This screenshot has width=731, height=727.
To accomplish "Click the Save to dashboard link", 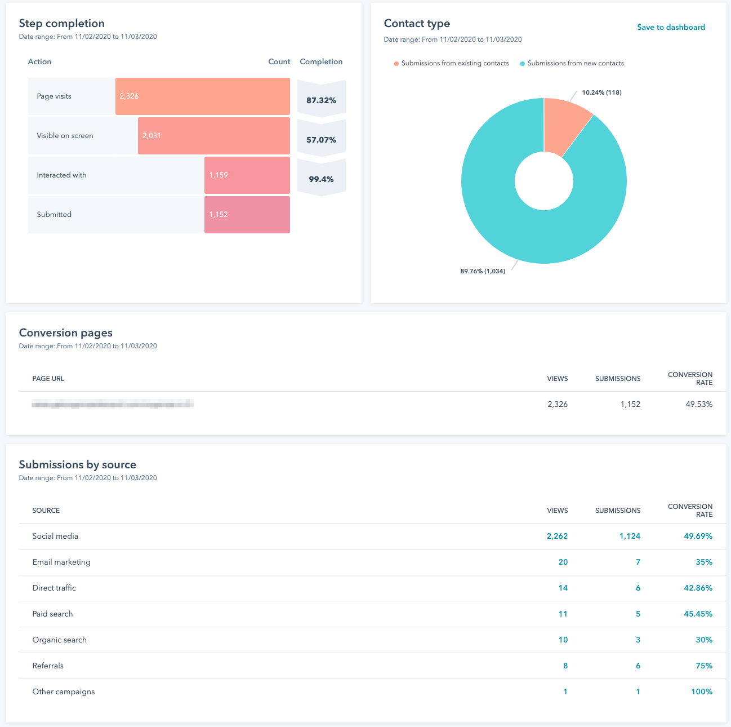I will pos(671,27).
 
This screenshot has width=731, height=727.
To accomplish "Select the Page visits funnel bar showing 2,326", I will pos(202,96).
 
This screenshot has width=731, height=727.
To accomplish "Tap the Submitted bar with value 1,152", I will pos(247,215).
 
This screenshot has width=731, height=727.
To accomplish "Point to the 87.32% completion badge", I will pos(321,100).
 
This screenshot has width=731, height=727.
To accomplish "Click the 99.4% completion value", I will pos(321,179).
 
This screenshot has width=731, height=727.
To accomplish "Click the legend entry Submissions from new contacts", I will pos(575,63).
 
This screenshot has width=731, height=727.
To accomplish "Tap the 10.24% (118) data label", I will pos(601,92).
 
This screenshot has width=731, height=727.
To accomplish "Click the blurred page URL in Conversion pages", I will pos(113,404).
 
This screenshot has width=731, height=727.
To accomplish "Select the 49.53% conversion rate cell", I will pos(698,404).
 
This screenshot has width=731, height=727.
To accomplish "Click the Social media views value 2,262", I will pos(557,536).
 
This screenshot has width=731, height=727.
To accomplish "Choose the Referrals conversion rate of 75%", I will pos(704,666).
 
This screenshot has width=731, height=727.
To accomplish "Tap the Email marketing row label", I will pos(61,562).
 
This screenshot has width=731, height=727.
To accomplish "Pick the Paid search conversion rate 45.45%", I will pos(698,614).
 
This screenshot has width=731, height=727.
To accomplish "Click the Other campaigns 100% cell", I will pos(701,691).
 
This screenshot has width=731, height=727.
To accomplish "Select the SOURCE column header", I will pos(46,511).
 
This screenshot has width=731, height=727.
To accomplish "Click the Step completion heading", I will pos(62,23).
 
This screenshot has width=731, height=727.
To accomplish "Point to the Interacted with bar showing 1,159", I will pos(247,175).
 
